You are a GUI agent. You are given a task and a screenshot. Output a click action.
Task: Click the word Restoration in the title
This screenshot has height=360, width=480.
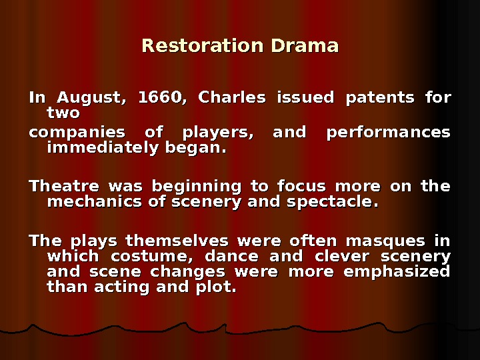point(203,46)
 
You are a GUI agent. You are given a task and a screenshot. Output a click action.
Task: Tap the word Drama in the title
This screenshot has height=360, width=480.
point(305,46)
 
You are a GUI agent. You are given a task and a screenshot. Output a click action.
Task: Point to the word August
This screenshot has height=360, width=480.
point(89,98)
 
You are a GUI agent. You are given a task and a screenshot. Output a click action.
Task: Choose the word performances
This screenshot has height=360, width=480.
point(388,132)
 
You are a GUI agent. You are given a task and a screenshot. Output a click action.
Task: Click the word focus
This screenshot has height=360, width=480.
point(299,186)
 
